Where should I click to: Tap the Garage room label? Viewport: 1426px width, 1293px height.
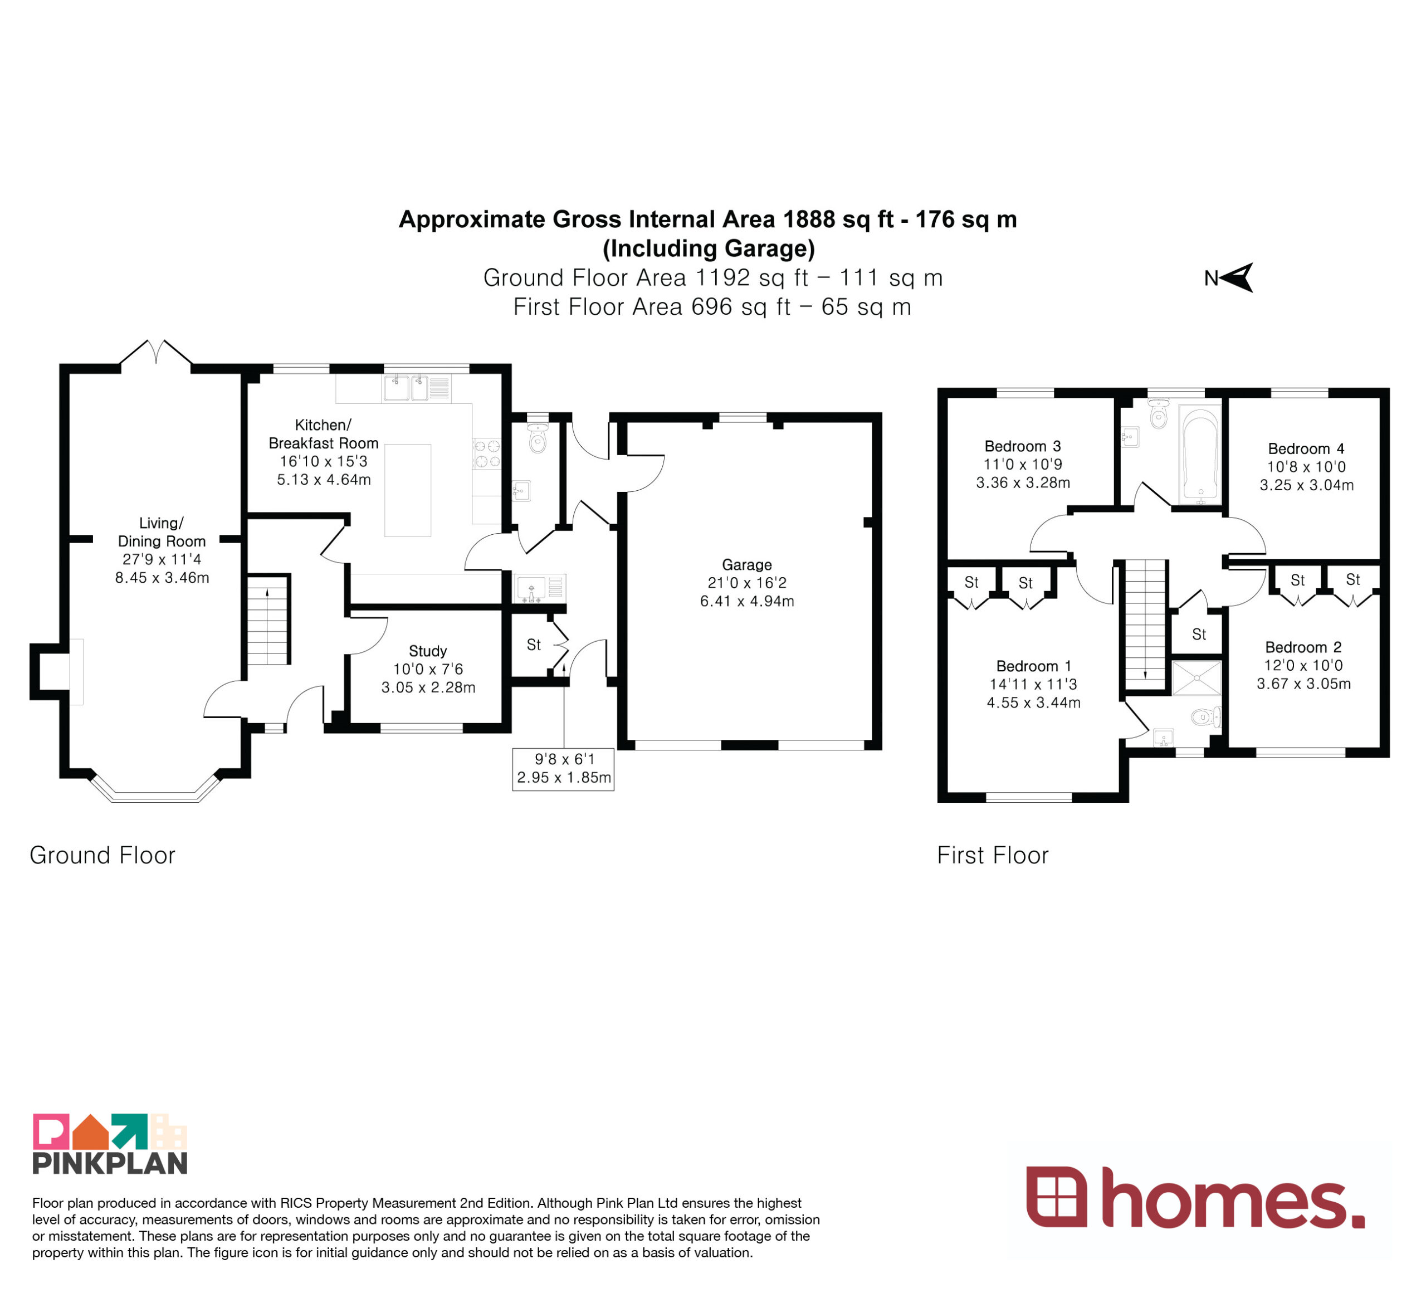pyautogui.click(x=747, y=564)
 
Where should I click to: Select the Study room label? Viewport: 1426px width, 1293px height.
pyautogui.click(x=428, y=651)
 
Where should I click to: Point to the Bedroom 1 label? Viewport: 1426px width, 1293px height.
pyautogui.click(x=1033, y=666)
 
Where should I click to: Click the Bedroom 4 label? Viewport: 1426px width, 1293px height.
pyautogui.click(x=1306, y=448)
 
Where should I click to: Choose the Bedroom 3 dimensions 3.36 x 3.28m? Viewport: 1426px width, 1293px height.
pyautogui.click(x=1023, y=482)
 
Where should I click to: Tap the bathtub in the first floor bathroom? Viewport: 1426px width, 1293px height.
pyautogui.click(x=1200, y=455)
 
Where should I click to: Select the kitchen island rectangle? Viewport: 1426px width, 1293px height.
pyautogui.click(x=407, y=490)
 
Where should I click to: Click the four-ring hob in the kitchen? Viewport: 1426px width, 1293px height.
pyautogui.click(x=487, y=453)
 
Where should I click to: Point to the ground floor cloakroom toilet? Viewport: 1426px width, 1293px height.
pyautogui.click(x=538, y=438)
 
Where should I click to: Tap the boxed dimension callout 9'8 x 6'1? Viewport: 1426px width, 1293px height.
pyautogui.click(x=563, y=769)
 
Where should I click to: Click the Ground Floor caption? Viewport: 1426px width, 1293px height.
pyautogui.click(x=102, y=855)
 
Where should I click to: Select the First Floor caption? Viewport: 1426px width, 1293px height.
pyautogui.click(x=993, y=855)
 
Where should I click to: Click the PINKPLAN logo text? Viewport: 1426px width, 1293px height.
pyautogui.click(x=110, y=1163)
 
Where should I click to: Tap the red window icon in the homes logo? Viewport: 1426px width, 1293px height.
pyautogui.click(x=1056, y=1196)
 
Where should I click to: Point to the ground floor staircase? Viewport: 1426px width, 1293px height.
pyautogui.click(x=268, y=619)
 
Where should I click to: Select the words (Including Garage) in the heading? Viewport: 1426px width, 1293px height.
pyautogui.click(x=708, y=248)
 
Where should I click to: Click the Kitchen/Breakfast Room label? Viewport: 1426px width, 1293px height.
pyautogui.click(x=323, y=433)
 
